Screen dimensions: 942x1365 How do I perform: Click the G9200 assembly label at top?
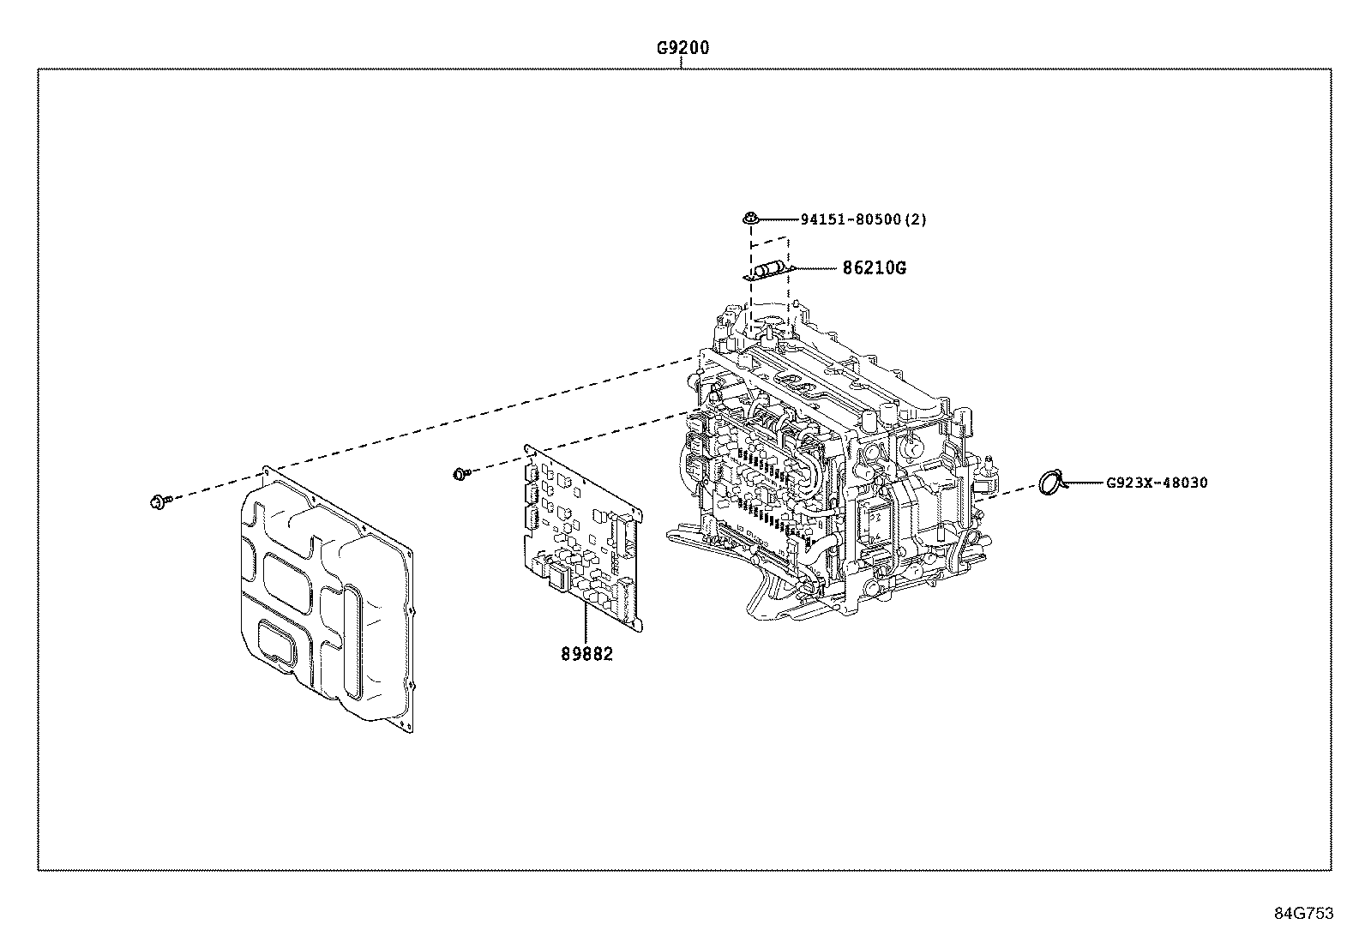click(x=682, y=49)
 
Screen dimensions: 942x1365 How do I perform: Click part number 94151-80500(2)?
click(x=863, y=219)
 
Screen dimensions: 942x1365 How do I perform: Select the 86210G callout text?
click(x=873, y=268)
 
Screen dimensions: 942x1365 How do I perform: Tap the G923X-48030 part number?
click(x=1156, y=483)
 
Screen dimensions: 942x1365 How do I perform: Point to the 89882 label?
click(x=587, y=654)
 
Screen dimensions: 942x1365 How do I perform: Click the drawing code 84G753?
click(x=1303, y=913)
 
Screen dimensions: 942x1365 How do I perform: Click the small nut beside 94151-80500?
click(x=750, y=219)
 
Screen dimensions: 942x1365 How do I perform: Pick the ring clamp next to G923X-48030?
click(x=1051, y=483)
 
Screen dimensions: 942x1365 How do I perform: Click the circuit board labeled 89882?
click(x=583, y=540)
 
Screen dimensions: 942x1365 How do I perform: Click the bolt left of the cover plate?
click(x=159, y=501)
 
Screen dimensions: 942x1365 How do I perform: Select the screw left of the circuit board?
click(x=461, y=472)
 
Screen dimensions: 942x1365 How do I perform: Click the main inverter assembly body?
click(x=840, y=463)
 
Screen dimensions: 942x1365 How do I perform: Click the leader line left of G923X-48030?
click(x=1082, y=483)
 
